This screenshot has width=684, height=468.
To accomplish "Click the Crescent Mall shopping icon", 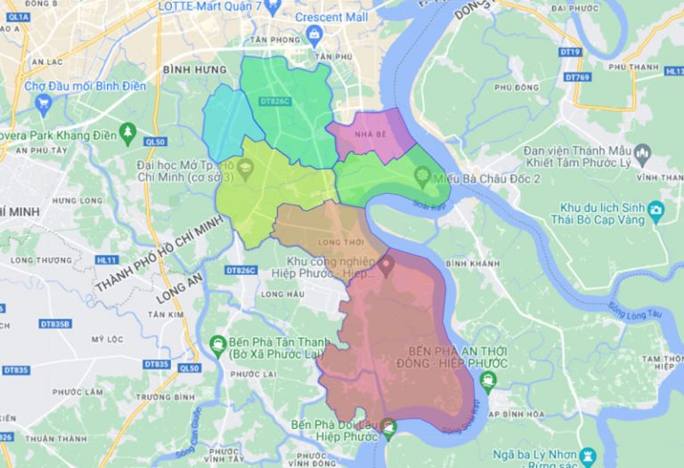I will point(313,34).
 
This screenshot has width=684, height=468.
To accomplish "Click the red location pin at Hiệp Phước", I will point(386,263).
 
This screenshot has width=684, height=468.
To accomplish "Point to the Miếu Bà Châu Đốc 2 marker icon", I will point(422,177).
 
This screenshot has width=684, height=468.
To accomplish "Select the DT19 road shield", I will point(571,52).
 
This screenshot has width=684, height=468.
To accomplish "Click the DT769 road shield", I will point(578,77).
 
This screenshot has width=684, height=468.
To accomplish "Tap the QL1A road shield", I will point(18,29).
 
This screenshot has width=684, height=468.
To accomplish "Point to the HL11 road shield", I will point(107,260).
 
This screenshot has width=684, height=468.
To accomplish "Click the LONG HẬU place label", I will point(276,294).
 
